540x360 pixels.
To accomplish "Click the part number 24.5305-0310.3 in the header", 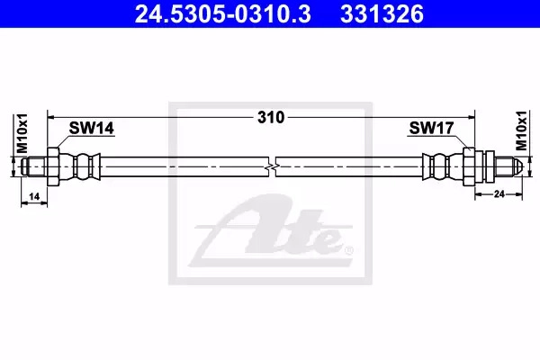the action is (223, 14).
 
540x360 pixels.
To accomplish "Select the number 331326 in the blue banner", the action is (382, 14).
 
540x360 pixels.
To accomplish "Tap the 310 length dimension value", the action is (271, 118).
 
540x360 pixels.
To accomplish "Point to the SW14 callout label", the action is (91, 128).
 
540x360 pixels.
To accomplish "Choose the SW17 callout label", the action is (431, 128).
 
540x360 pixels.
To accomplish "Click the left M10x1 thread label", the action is (22, 133).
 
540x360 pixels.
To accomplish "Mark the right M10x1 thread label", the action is (521, 130).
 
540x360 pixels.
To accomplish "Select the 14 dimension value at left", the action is (34, 196).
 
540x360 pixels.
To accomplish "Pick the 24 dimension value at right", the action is (499, 194).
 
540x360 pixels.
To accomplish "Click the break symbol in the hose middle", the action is (272, 166).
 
